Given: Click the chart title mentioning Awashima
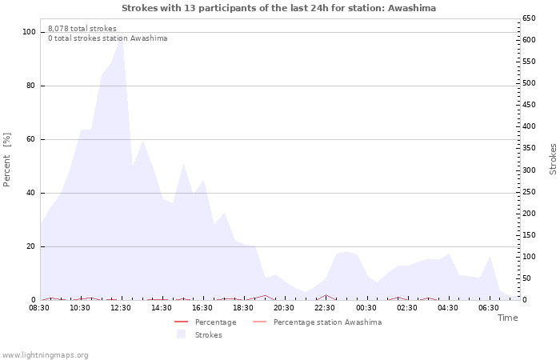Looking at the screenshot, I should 279,8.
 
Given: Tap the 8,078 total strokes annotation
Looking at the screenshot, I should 82,29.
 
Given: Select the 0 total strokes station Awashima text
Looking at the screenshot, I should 107,38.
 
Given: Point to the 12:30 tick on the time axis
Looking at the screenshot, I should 121,307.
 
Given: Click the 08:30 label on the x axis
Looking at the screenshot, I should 39,307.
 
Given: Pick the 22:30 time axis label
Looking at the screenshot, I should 325,307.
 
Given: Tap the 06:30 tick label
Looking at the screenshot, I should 488,307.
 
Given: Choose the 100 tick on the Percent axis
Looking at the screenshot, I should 29,32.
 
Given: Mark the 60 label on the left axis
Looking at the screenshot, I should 31,139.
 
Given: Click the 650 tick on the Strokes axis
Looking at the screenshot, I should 530,18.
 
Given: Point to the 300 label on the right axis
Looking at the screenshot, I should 530,170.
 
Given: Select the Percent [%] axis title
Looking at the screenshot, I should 7,160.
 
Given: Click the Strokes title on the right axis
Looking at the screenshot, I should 553,160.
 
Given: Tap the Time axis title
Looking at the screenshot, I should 507,318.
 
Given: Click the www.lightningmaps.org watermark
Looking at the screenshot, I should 46,354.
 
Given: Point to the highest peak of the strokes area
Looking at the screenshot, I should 121,36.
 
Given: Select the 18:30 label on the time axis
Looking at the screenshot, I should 243,307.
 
